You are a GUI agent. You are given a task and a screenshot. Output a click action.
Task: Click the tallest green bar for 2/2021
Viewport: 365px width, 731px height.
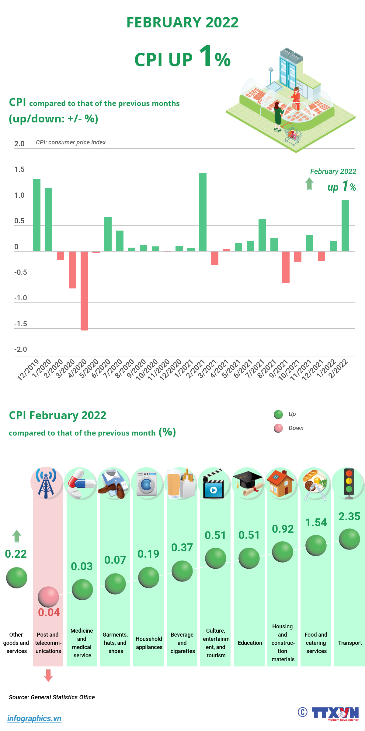tap(203, 212)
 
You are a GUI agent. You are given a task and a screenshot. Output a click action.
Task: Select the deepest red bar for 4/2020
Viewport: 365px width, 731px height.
tap(84, 291)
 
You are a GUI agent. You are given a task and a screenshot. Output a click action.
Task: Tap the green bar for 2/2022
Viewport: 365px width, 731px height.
tap(345, 225)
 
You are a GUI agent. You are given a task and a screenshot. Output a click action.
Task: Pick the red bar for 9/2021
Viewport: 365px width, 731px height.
tap(286, 267)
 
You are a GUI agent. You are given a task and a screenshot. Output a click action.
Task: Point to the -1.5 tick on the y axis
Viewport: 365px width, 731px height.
tap(20, 324)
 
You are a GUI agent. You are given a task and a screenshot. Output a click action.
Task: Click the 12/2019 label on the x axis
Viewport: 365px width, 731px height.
tap(28, 369)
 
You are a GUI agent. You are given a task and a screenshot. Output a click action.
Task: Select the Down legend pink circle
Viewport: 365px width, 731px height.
tap(278, 428)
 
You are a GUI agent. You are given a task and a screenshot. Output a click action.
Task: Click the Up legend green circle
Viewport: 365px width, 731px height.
tap(278, 414)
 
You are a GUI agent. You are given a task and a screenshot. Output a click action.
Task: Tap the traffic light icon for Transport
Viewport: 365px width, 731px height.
tap(349, 483)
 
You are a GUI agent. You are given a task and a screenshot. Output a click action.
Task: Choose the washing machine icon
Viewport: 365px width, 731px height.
tap(147, 484)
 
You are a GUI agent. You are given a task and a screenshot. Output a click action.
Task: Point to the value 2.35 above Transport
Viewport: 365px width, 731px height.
tap(349, 517)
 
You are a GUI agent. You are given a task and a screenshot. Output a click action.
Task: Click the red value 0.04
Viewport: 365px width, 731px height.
tap(49, 613)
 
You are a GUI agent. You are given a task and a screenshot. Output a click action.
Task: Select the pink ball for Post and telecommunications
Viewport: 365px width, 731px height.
tap(48, 597)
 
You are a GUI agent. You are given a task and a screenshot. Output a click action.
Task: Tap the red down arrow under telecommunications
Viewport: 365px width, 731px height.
tap(48, 675)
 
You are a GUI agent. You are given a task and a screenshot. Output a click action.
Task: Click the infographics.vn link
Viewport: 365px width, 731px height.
tap(34, 719)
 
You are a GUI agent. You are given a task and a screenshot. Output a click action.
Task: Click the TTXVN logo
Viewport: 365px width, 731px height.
tap(335, 713)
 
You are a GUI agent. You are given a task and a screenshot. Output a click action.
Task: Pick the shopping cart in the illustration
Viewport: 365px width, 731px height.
tap(293, 134)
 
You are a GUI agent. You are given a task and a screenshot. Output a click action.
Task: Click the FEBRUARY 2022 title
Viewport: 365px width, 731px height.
tap(182, 23)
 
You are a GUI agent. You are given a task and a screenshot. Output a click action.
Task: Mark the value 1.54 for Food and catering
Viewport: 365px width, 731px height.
tap(316, 523)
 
